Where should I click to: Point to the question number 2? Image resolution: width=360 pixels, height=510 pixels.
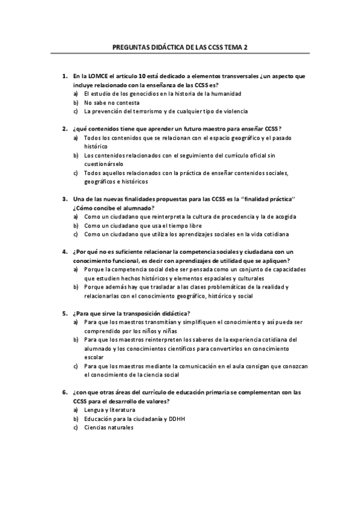point(64,129)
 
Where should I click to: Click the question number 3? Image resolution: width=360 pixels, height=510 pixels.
point(64,198)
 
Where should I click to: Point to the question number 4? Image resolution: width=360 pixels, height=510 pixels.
point(64,251)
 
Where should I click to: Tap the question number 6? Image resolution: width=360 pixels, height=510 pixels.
point(64,392)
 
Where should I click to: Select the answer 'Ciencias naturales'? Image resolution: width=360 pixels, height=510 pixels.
point(109,427)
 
